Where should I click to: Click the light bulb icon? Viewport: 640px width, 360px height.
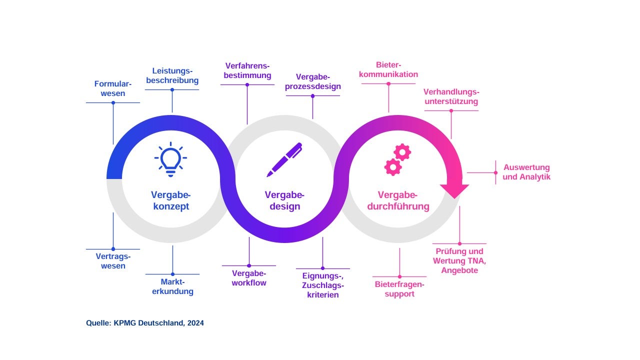pos(170,159)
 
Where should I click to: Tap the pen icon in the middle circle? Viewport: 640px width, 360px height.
pos(284,159)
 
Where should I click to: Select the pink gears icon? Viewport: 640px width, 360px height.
pos(397,159)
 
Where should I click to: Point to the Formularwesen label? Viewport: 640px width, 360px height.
pos(113,88)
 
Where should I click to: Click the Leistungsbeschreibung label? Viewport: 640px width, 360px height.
pos(172,75)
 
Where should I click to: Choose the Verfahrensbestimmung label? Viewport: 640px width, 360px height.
pos(247,70)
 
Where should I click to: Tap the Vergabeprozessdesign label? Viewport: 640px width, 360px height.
pos(313,81)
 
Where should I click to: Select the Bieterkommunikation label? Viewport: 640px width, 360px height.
pos(388,69)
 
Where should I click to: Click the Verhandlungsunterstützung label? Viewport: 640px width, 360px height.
pos(451,96)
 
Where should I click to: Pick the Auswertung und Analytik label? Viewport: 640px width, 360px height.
pos(526,172)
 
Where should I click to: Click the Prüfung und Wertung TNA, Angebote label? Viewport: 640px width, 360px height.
pos(459,260)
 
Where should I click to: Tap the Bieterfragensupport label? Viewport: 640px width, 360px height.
pos(399,289)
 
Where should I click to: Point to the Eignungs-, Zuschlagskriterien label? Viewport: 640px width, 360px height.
pos(322,285)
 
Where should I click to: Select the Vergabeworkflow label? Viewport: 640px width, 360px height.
pos(249,278)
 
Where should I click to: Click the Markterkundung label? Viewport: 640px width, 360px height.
pos(172,286)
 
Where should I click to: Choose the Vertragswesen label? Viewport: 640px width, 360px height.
pos(113,261)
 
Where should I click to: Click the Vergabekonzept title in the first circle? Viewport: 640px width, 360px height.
pos(170,200)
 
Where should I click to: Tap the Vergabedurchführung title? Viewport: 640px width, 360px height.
pos(398,200)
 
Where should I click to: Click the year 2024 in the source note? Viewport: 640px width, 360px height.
pos(195,323)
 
